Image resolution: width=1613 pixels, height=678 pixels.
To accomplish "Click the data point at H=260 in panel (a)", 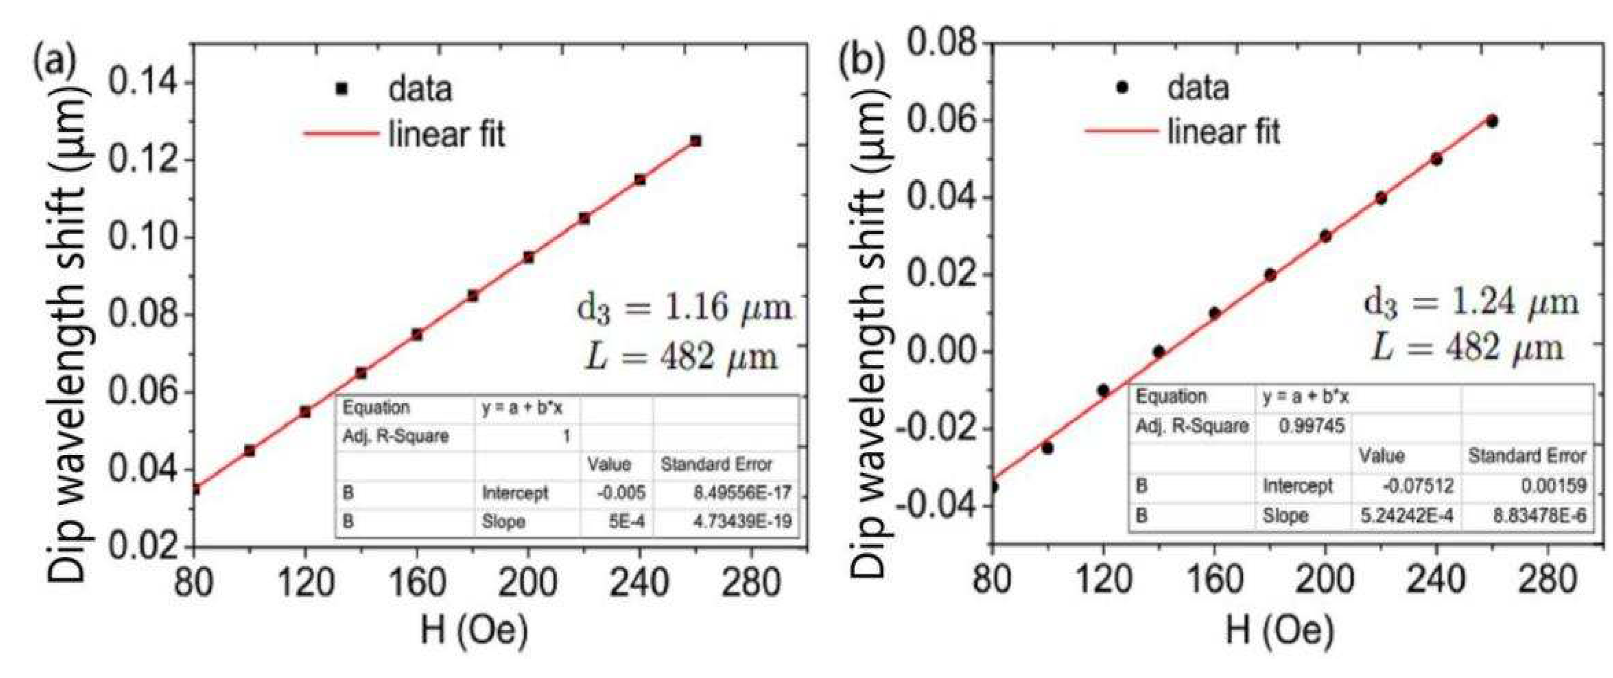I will tap(695, 141).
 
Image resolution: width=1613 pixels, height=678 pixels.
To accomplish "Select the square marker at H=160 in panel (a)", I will tap(417, 335).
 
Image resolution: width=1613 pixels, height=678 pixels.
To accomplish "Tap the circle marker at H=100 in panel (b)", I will tap(1048, 448).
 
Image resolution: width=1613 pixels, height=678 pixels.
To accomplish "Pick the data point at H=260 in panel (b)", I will tap(1492, 121).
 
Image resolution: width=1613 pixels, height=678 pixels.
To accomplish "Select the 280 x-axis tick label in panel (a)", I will tap(750, 582).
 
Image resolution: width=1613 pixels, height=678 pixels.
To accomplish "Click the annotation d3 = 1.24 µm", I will tap(1471, 304).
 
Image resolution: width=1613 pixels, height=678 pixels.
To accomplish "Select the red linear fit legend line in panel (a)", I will tap(341, 134).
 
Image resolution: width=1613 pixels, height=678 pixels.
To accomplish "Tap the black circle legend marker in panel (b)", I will tap(1123, 87).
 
